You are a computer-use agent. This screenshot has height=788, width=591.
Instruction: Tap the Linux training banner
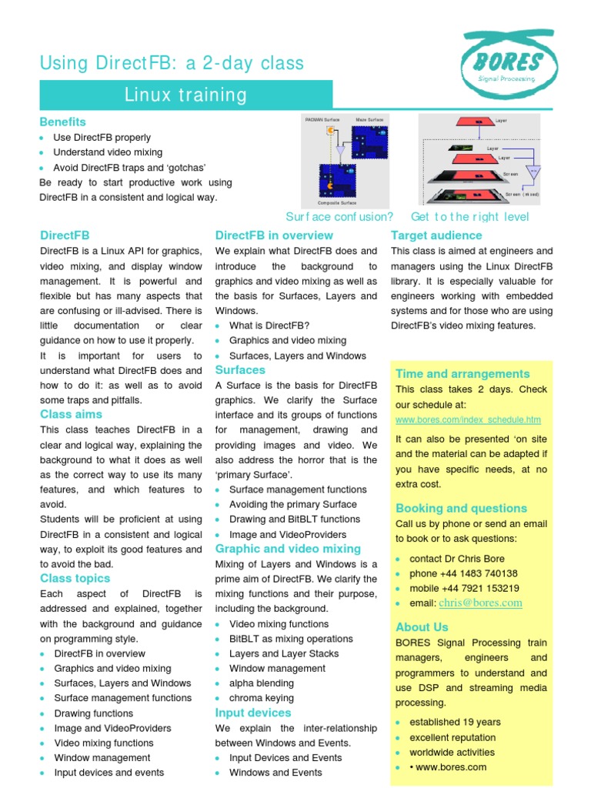click(x=186, y=95)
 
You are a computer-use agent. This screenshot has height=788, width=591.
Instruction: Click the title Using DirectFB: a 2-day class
click(x=172, y=63)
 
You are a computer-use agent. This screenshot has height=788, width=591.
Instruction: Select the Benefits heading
click(x=63, y=122)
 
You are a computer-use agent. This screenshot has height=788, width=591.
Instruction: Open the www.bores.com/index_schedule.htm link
click(x=468, y=420)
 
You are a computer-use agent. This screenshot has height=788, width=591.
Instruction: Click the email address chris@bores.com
click(x=480, y=603)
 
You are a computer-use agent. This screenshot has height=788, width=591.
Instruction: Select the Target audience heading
click(x=436, y=235)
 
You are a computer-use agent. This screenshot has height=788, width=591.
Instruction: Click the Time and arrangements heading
click(x=462, y=373)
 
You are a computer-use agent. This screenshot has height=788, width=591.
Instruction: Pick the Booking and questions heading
click(x=461, y=508)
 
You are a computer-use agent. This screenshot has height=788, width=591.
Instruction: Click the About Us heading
click(x=422, y=627)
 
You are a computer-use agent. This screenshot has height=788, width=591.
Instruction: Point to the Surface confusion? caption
click(x=339, y=216)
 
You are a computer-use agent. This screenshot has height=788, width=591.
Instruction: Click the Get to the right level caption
click(x=470, y=216)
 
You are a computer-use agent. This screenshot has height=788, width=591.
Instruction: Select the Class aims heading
click(x=71, y=414)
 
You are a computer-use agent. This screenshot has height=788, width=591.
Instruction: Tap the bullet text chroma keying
click(x=262, y=698)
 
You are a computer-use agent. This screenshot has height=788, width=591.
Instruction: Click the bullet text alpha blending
click(x=262, y=683)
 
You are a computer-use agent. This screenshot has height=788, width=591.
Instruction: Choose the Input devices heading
click(x=253, y=713)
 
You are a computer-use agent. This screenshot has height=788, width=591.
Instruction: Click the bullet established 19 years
click(x=455, y=722)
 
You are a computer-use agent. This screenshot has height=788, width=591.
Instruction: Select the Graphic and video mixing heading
click(x=288, y=549)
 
